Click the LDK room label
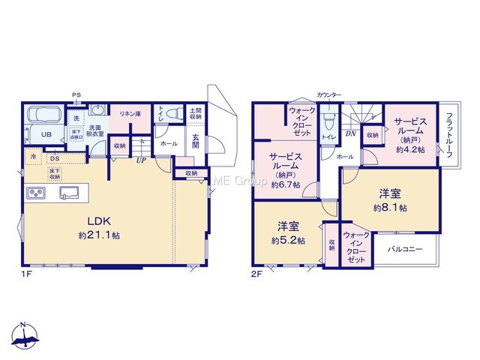click(x=99, y=220)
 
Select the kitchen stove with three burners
click(x=36, y=193)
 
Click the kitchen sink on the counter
click(x=69, y=193)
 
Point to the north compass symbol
click(x=24, y=335)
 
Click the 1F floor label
click(x=27, y=274)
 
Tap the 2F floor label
click(x=256, y=274)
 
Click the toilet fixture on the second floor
click(x=329, y=121)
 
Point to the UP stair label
click(x=141, y=160)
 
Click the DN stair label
click(x=351, y=133)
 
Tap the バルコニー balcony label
click(x=405, y=249)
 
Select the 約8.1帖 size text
click(x=390, y=208)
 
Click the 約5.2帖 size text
click(x=288, y=241)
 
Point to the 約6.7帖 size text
click(x=286, y=185)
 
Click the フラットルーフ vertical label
click(x=449, y=135)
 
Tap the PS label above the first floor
click(x=76, y=95)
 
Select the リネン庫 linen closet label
click(x=130, y=114)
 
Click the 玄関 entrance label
click(x=196, y=141)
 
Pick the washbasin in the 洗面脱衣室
click(x=98, y=109)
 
